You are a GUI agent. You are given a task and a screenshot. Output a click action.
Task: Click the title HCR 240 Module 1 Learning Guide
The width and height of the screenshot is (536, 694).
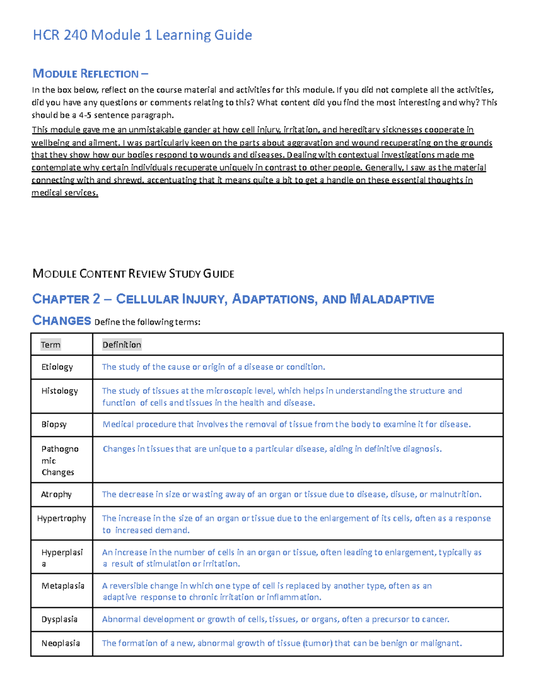pyautogui.click(x=142, y=35)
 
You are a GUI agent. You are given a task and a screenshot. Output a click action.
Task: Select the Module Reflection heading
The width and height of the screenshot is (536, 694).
pyautogui.click(x=90, y=73)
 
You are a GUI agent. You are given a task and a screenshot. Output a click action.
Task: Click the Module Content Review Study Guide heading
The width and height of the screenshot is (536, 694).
pyautogui.click(x=133, y=273)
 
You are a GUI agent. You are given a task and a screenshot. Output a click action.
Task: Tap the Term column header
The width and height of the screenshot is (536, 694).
pyautogui.click(x=50, y=345)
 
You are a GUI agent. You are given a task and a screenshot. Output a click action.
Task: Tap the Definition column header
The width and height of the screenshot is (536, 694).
pyautogui.click(x=121, y=345)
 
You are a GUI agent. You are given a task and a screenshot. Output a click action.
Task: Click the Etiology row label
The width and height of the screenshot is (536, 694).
pyautogui.click(x=57, y=367)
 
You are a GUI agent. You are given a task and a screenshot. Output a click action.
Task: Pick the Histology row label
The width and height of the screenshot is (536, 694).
pyautogui.click(x=59, y=391)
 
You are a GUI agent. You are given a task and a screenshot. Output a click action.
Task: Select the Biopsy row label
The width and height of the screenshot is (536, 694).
pyautogui.click(x=54, y=425)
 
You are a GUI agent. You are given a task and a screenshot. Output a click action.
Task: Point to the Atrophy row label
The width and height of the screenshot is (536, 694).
pyautogui.click(x=56, y=494)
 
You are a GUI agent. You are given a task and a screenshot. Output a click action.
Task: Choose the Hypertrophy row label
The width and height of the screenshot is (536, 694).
pyautogui.click(x=62, y=518)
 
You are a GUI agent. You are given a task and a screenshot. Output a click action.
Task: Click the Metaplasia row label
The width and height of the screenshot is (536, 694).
pyautogui.click(x=63, y=586)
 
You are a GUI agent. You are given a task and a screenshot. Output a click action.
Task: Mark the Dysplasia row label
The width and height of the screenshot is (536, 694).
pyautogui.click(x=59, y=619)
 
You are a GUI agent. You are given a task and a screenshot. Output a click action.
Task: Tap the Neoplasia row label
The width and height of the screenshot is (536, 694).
pyautogui.click(x=61, y=644)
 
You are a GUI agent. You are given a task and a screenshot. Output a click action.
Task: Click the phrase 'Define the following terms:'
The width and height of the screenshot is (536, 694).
pyautogui.click(x=147, y=322)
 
